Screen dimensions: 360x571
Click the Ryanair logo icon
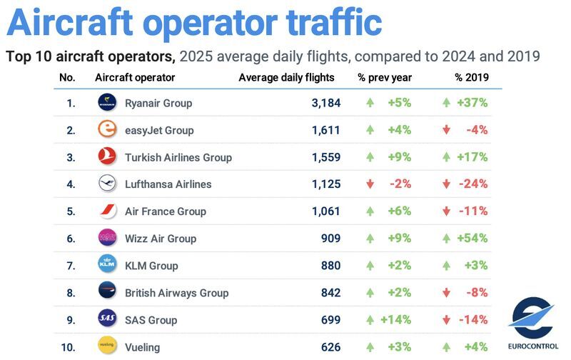point(107,103)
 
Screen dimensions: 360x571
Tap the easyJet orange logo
point(107,130)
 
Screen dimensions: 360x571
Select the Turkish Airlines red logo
point(107,157)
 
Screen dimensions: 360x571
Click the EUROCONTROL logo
point(531,322)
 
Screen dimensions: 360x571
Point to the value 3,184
point(326,103)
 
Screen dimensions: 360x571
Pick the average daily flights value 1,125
point(326,184)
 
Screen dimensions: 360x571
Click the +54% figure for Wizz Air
point(473,239)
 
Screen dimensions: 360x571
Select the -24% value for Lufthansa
point(473,184)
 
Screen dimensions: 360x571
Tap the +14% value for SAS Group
point(397,320)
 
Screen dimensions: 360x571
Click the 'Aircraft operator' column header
point(135,77)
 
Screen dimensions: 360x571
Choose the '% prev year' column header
point(385,77)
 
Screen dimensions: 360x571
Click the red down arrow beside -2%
point(370,184)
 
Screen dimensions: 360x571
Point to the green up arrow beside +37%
point(446,103)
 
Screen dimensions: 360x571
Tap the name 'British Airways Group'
point(176,293)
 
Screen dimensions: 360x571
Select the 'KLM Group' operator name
point(151,266)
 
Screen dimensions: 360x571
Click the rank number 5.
point(71,211)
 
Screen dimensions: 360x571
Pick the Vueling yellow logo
point(107,346)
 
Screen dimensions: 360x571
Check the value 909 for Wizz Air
point(330,239)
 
